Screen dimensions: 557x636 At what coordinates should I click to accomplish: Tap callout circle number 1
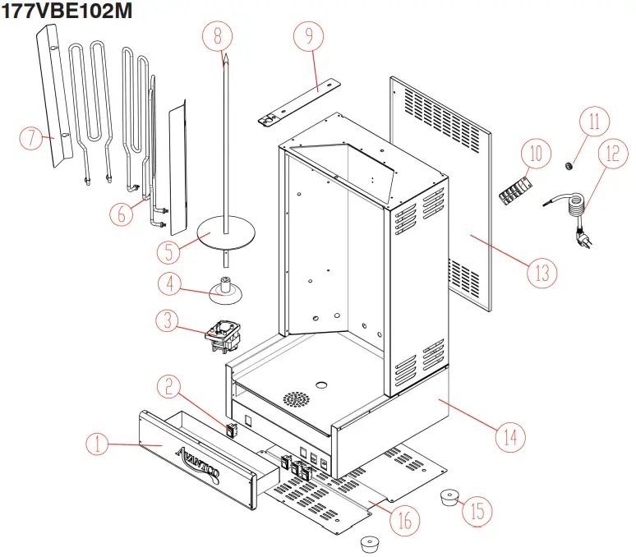point(98,444)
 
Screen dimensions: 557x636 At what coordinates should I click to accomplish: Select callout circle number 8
point(218,35)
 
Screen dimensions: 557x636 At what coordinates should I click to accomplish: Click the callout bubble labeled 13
point(542,272)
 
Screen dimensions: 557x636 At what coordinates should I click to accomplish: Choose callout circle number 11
point(594,121)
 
